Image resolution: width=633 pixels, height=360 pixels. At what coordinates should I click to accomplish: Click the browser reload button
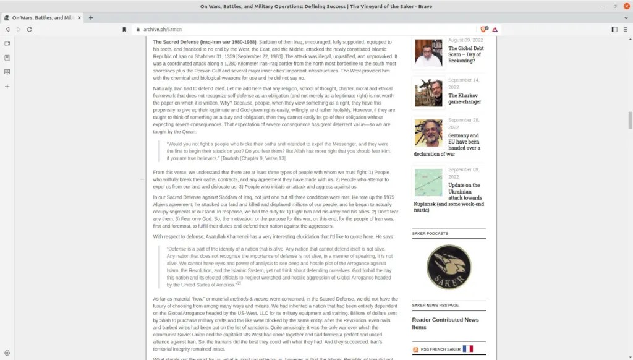[x=29, y=29]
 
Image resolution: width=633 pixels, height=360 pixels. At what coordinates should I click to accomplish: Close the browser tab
[x=80, y=18]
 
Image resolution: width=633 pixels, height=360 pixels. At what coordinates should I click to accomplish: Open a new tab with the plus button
[x=91, y=18]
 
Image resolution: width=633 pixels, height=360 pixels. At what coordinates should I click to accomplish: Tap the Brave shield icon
[x=484, y=29]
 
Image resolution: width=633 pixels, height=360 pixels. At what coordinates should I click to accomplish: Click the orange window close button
[x=626, y=6]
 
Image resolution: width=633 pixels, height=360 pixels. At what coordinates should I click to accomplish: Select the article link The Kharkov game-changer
[x=464, y=98]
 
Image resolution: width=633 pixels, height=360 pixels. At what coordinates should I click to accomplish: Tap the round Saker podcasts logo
[x=448, y=267]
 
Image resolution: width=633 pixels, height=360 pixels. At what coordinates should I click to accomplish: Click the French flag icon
[x=467, y=349]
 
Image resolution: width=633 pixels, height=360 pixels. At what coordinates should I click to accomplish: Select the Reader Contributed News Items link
[x=445, y=324]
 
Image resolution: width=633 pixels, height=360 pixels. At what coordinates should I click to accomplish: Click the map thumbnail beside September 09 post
[x=428, y=182]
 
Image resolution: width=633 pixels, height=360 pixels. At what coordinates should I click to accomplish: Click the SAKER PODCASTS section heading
[x=430, y=233]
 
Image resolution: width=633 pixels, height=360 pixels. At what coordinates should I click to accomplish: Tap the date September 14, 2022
[x=464, y=84]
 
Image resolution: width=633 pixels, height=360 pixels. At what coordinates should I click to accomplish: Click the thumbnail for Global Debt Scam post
[x=428, y=53]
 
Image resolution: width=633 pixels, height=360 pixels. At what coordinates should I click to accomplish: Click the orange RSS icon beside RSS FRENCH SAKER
[x=415, y=349]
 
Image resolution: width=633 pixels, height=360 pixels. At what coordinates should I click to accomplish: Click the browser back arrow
[x=7, y=29]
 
